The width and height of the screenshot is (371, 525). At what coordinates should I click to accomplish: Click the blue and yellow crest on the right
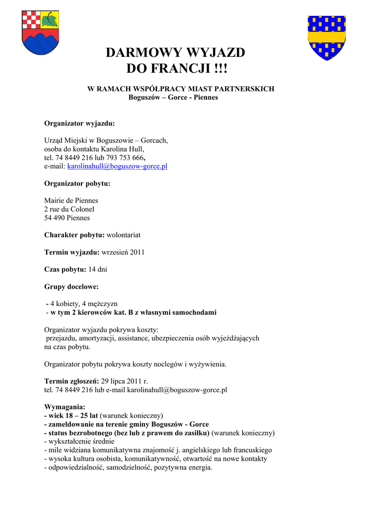tap(326, 37)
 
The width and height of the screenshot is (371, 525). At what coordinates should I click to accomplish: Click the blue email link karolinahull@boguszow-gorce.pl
tap(117, 167)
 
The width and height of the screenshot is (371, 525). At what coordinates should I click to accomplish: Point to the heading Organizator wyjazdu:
tap(79, 124)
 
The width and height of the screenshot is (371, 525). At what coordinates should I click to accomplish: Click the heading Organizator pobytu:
tap(77, 184)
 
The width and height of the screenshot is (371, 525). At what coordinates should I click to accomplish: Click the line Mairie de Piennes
tap(71, 200)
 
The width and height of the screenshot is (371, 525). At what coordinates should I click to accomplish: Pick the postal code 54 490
tap(55, 218)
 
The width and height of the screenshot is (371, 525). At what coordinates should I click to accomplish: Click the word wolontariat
tap(123, 235)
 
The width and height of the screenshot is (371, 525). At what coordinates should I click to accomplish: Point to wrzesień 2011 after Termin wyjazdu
tap(123, 252)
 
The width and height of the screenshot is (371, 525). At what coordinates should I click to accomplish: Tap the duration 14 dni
tap(98, 269)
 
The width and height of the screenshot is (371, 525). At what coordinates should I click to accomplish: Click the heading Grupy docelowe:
tap(71, 287)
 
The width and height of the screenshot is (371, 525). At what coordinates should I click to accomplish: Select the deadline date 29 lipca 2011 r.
tap(125, 381)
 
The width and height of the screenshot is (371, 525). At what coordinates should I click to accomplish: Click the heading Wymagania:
tap(65, 407)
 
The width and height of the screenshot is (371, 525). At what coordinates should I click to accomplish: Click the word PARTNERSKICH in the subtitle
tap(244, 89)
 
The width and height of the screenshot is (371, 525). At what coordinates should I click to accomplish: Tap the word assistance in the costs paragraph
tap(135, 338)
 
